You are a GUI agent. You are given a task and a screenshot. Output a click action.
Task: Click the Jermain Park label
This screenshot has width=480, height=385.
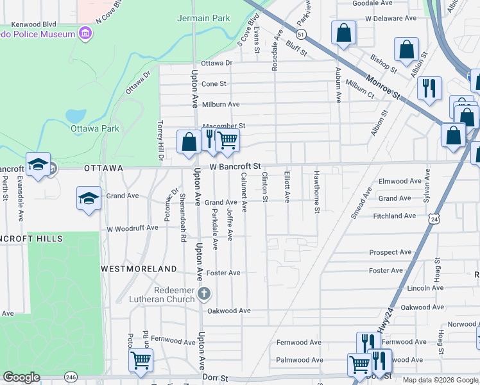click(x=203, y=18)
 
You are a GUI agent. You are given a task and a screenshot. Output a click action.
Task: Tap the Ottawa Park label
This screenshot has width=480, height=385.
click(x=95, y=128)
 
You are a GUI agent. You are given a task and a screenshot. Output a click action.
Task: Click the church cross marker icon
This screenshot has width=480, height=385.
click(x=204, y=295)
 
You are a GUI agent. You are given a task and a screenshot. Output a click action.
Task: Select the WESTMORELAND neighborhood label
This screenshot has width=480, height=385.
click(x=139, y=268)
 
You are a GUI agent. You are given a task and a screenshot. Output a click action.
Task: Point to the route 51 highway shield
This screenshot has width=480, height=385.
click(x=301, y=33)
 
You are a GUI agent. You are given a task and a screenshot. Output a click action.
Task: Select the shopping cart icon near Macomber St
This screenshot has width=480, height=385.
click(x=227, y=140)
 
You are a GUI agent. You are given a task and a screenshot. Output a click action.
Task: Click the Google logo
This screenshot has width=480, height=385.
click(x=22, y=378)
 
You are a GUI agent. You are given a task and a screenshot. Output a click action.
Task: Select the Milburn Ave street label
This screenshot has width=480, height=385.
click(x=221, y=105)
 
